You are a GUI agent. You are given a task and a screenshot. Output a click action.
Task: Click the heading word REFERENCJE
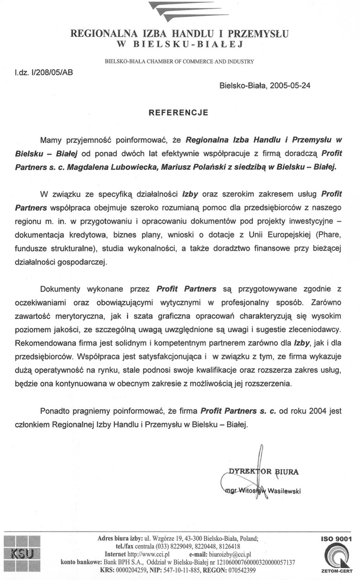click(178, 113)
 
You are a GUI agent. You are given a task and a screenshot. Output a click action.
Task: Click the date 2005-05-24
click(290, 86)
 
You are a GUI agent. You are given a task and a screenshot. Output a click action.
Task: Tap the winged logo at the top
click(180, 10)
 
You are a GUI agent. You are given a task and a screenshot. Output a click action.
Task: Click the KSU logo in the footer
click(22, 552)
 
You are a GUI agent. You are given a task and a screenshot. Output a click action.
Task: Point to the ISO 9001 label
click(336, 539)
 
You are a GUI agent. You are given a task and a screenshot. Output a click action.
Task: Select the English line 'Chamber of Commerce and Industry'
click(179, 61)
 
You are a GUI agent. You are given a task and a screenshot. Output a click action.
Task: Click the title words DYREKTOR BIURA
click(264, 471)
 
